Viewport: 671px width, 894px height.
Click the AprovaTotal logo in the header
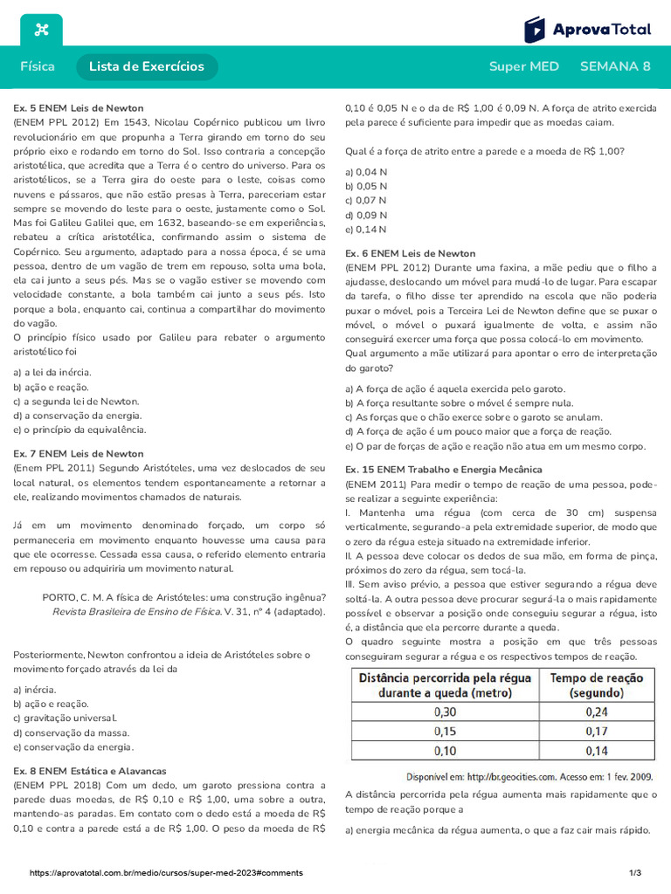[x=587, y=30]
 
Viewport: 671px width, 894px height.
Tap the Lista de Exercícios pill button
[x=147, y=66]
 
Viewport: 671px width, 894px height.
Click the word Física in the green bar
[x=38, y=66]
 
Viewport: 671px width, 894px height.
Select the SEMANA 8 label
[x=615, y=66]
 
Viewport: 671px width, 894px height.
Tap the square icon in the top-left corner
[x=40, y=31]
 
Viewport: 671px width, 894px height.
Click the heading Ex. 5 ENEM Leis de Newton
[x=79, y=108]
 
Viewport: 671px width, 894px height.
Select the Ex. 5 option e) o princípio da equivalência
[x=80, y=430]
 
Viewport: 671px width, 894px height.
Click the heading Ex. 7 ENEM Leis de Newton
[x=79, y=454]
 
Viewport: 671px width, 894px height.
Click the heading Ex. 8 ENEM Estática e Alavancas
[x=89, y=772]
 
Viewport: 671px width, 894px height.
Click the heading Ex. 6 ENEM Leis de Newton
[x=411, y=253]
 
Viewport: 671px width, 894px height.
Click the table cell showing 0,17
[x=596, y=731]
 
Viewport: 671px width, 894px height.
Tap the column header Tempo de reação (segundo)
[x=596, y=684]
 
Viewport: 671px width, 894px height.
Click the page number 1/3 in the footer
[x=635, y=873]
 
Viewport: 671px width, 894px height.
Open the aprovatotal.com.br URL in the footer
[x=166, y=873]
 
